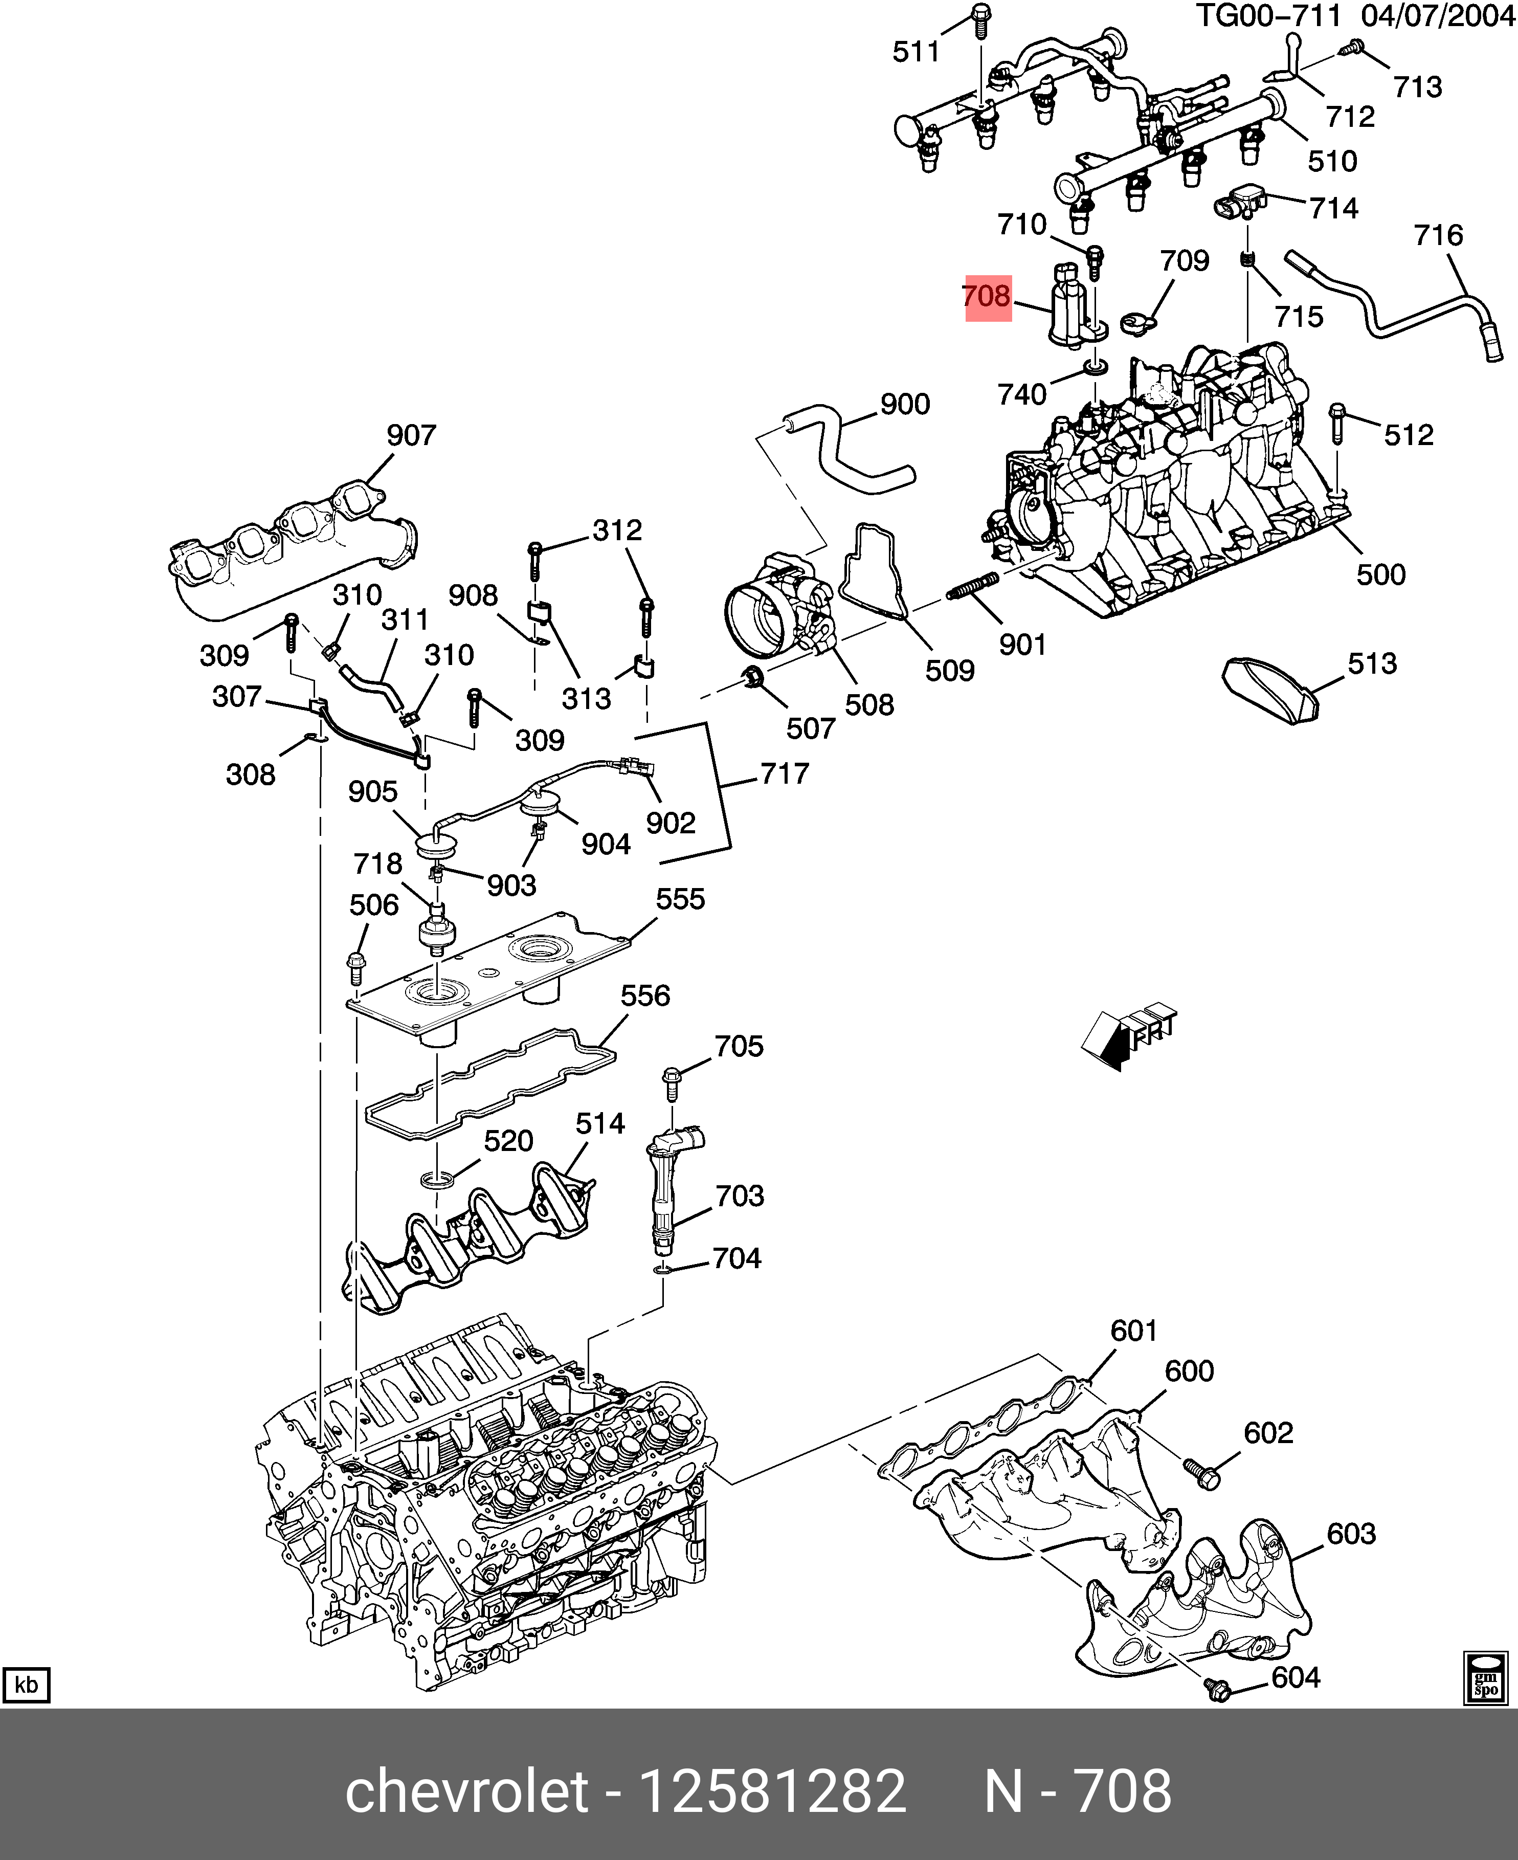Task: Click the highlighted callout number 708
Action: click(x=987, y=297)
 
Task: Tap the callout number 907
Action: click(x=411, y=435)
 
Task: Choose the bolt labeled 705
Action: click(x=672, y=1084)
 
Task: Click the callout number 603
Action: click(x=1351, y=1534)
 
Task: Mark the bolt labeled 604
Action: click(x=1215, y=1690)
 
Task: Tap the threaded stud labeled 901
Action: click(x=971, y=585)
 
